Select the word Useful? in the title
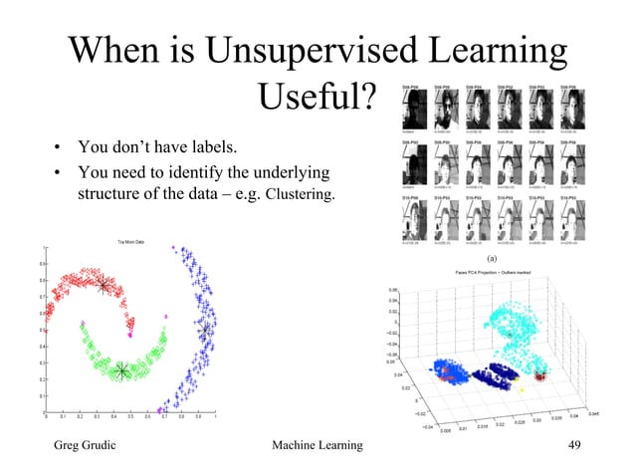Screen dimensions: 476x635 pyautogui.click(x=317, y=97)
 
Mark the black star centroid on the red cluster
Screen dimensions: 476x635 pyautogui.click(x=103, y=287)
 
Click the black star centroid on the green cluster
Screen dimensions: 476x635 pyautogui.click(x=121, y=370)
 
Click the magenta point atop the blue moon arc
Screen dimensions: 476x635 pyautogui.click(x=175, y=247)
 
